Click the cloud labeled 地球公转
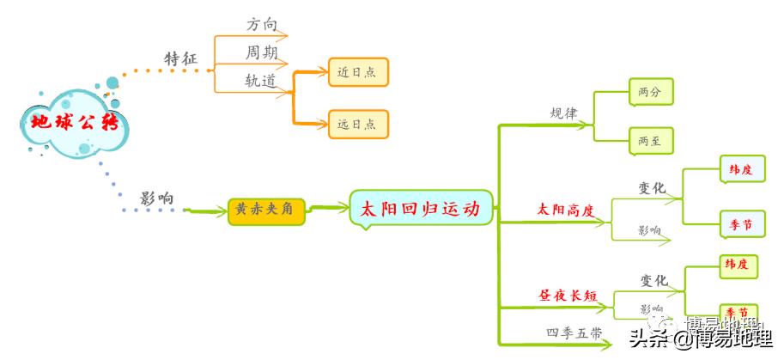click(73, 122)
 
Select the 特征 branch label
click(180, 58)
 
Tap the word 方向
click(262, 24)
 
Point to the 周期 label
click(261, 52)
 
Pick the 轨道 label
click(261, 81)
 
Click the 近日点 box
click(358, 72)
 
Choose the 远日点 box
click(358, 124)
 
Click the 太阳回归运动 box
click(421, 209)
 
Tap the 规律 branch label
click(563, 113)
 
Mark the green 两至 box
click(650, 140)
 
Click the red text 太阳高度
click(566, 209)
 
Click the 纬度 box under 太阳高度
click(741, 170)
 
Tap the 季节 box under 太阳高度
click(741, 224)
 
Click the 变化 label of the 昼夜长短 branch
click(653, 280)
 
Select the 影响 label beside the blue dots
click(157, 198)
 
